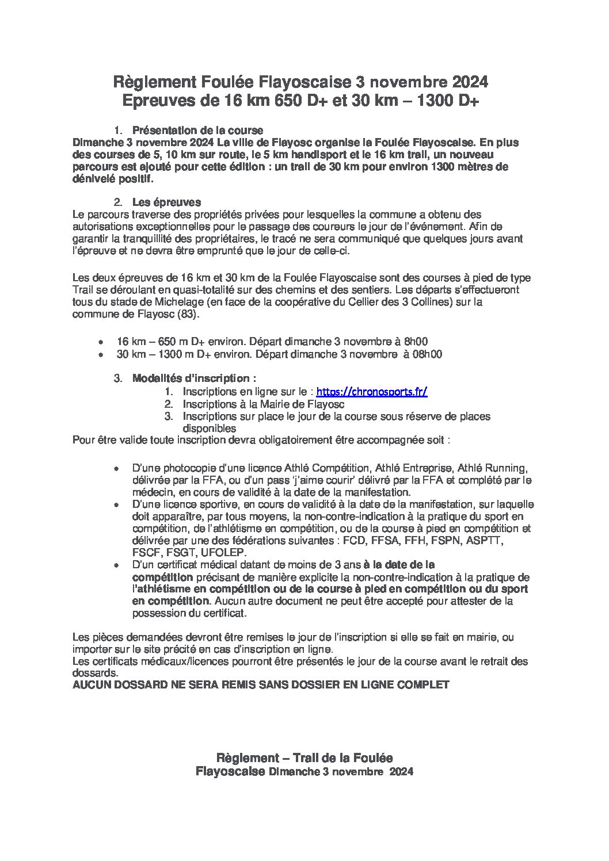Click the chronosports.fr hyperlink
(x=372, y=392)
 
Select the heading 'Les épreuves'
(x=166, y=202)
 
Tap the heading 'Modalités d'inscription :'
(x=194, y=378)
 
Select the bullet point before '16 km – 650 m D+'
(x=101, y=342)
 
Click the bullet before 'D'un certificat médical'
(x=116, y=565)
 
